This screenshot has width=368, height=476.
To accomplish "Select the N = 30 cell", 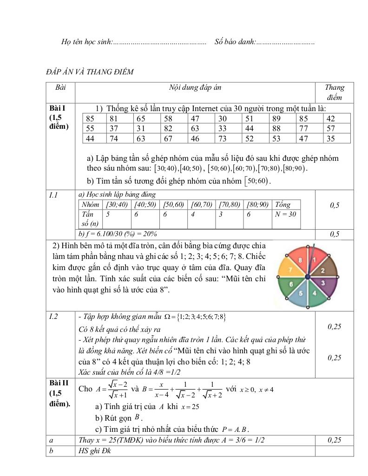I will (286, 214).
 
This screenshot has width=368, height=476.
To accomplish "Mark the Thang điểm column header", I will (335, 92).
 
